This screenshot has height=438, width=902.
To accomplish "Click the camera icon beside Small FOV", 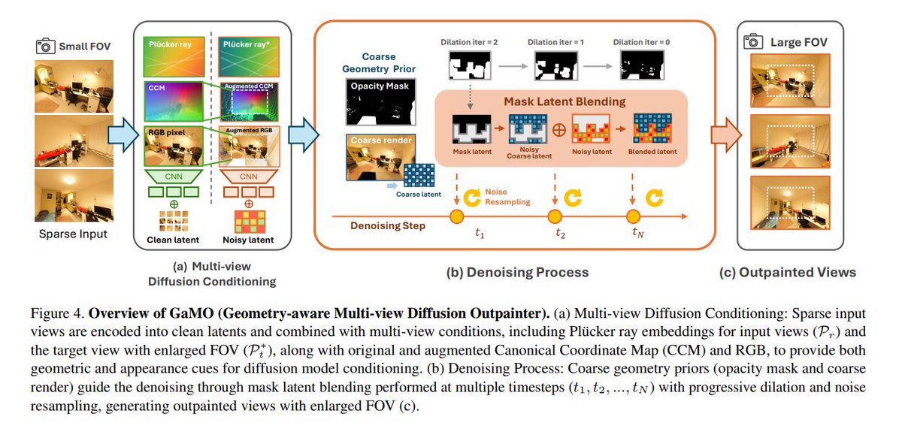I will click(x=45, y=47).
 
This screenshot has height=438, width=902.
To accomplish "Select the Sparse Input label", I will click(x=73, y=234).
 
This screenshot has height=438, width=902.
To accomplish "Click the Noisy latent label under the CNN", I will click(x=248, y=241).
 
